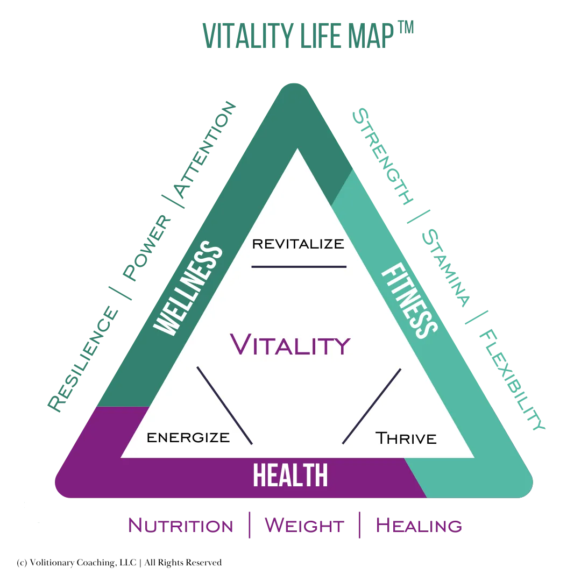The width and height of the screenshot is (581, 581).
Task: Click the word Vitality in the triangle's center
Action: pos(290,344)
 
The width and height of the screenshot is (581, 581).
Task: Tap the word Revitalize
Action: pos(298,244)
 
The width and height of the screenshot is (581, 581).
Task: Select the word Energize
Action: pos(188,437)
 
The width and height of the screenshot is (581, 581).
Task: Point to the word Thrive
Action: pos(406,438)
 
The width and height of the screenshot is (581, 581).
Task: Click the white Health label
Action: pos(290,476)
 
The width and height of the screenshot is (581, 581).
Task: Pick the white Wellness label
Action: pos(188,289)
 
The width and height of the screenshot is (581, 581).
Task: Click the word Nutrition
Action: pos(181,526)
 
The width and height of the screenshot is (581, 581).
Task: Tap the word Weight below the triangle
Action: pos(304,526)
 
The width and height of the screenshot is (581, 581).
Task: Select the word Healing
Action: pos(419,526)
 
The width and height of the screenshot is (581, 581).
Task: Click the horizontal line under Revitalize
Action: pos(299,266)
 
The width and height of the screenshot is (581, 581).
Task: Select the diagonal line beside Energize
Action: pos(224,406)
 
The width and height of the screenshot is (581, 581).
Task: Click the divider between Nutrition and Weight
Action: pos(249,525)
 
